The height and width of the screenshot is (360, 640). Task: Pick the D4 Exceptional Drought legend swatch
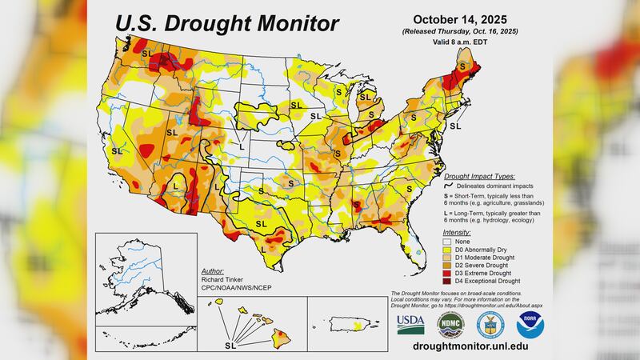(448, 281)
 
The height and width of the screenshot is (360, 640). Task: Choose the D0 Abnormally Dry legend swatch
(448, 248)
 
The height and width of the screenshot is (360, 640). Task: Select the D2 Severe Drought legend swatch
(448, 265)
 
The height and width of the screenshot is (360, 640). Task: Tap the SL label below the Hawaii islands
(230, 346)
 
